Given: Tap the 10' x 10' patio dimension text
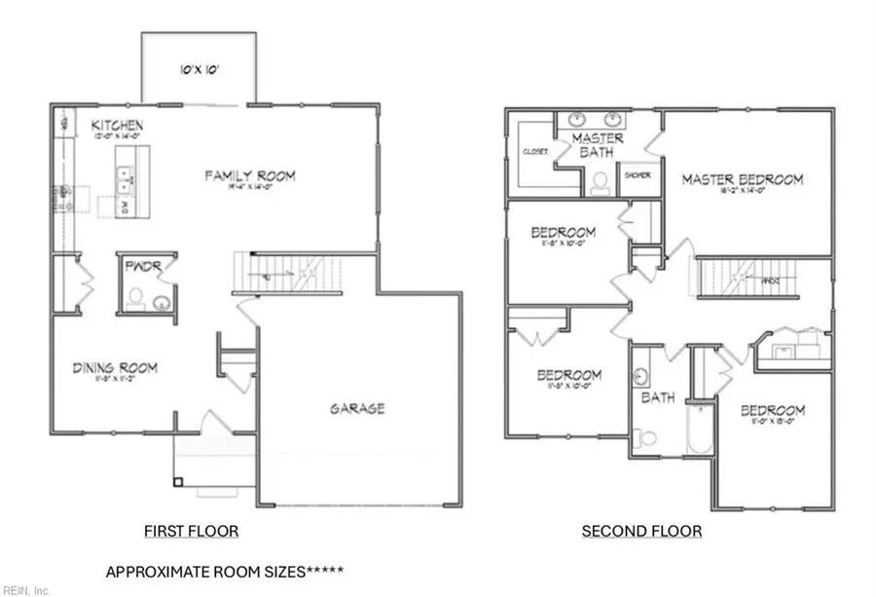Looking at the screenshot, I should point(199,70).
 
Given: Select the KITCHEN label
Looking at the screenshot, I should point(118,127).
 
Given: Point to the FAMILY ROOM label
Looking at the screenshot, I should point(249,176).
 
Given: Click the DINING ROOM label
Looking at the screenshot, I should point(115,368).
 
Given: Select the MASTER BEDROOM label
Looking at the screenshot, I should point(742,180).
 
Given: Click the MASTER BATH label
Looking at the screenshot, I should point(598,146).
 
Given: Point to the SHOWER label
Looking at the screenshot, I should point(638,175).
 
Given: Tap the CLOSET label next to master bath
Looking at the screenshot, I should point(535,153).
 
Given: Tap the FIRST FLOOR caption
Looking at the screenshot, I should point(191,532).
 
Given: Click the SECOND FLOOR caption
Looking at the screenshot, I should point(641,532).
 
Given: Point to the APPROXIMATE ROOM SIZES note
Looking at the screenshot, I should point(224,572).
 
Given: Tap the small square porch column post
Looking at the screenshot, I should point(178,481).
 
